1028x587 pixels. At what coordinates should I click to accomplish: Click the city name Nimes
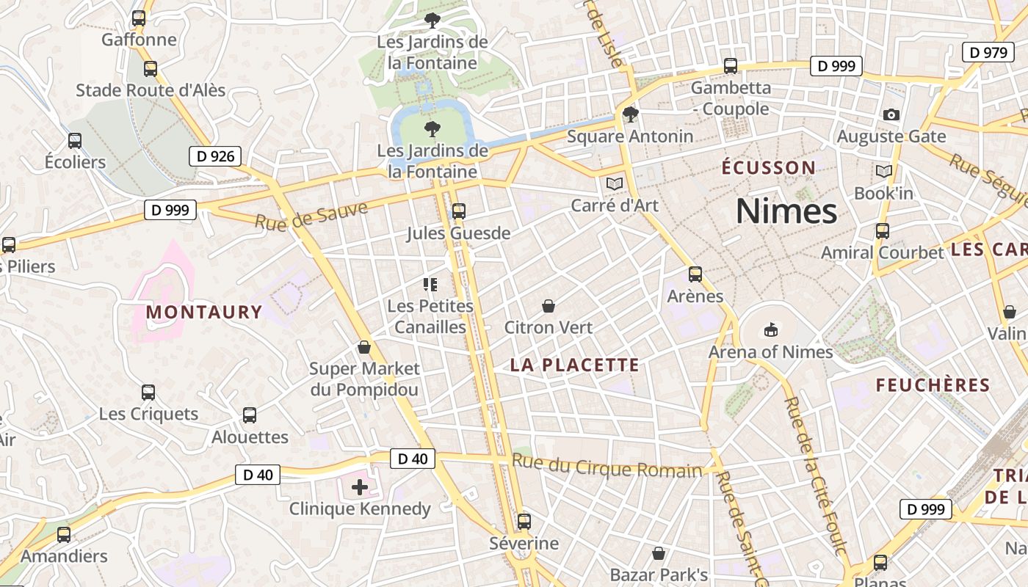tap(786, 211)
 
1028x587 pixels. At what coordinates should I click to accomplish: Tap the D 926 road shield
tap(216, 156)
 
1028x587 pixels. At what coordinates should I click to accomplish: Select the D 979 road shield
tap(988, 52)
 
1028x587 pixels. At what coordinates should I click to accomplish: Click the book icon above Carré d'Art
tap(615, 183)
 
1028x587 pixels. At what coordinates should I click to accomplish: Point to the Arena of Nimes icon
tap(770, 330)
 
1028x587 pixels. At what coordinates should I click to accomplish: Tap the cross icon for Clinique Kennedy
tap(360, 486)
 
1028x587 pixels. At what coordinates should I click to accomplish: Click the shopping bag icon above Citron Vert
tap(548, 306)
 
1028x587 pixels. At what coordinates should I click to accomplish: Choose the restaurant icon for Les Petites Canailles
tap(430, 284)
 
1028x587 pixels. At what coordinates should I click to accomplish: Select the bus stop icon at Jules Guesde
tap(459, 211)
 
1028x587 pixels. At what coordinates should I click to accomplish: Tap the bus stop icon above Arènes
tap(695, 274)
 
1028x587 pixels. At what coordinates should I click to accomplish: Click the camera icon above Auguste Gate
tap(891, 114)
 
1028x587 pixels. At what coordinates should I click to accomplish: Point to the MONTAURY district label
tap(204, 312)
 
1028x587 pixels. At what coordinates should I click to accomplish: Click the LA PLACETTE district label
tap(575, 365)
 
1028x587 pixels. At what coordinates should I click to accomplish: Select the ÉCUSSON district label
tap(769, 167)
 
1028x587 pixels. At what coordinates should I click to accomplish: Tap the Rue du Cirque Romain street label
tap(607, 467)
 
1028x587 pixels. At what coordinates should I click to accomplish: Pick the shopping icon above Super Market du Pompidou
tap(364, 347)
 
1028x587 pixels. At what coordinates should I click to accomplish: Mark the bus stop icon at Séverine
tap(524, 522)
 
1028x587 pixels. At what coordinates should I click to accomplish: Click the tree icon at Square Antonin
tap(630, 114)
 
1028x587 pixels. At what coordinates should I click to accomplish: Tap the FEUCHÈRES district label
tap(933, 384)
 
